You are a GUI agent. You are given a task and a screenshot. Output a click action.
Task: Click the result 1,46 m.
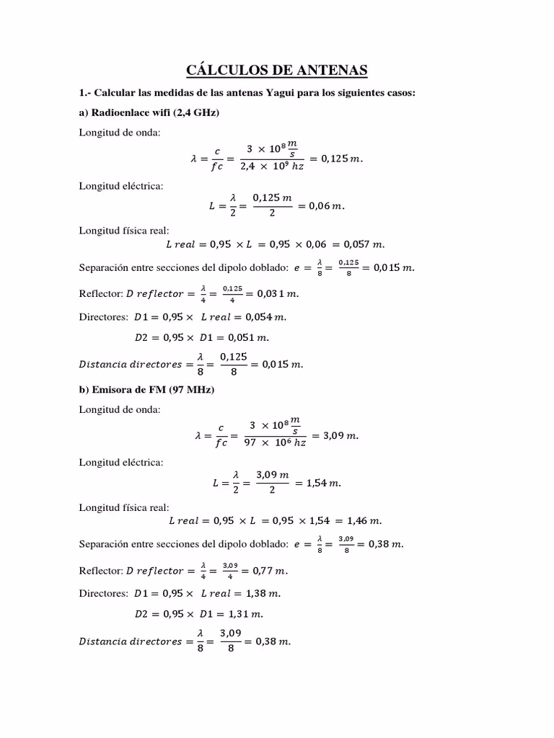pyautogui.click(x=364, y=520)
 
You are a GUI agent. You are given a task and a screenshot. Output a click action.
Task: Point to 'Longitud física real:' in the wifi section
pyautogui.click(x=124, y=231)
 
